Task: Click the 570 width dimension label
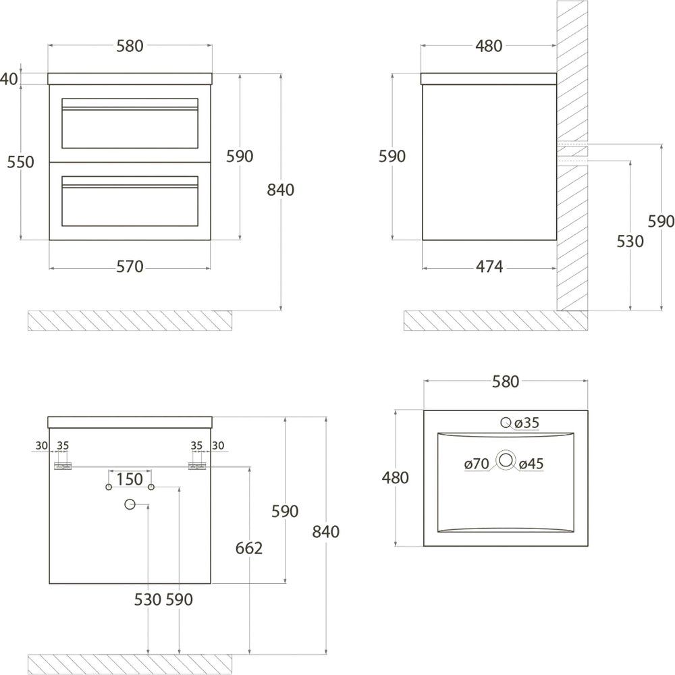pos(130,267)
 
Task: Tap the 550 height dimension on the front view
pos(20,162)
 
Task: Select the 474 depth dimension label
pos(489,267)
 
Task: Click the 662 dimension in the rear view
pos(249,548)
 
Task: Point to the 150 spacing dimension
pos(130,479)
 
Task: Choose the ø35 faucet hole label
pos(527,423)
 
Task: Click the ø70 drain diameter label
pos(477,464)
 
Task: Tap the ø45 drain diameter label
pos(531,464)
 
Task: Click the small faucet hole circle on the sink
pos(506,423)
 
